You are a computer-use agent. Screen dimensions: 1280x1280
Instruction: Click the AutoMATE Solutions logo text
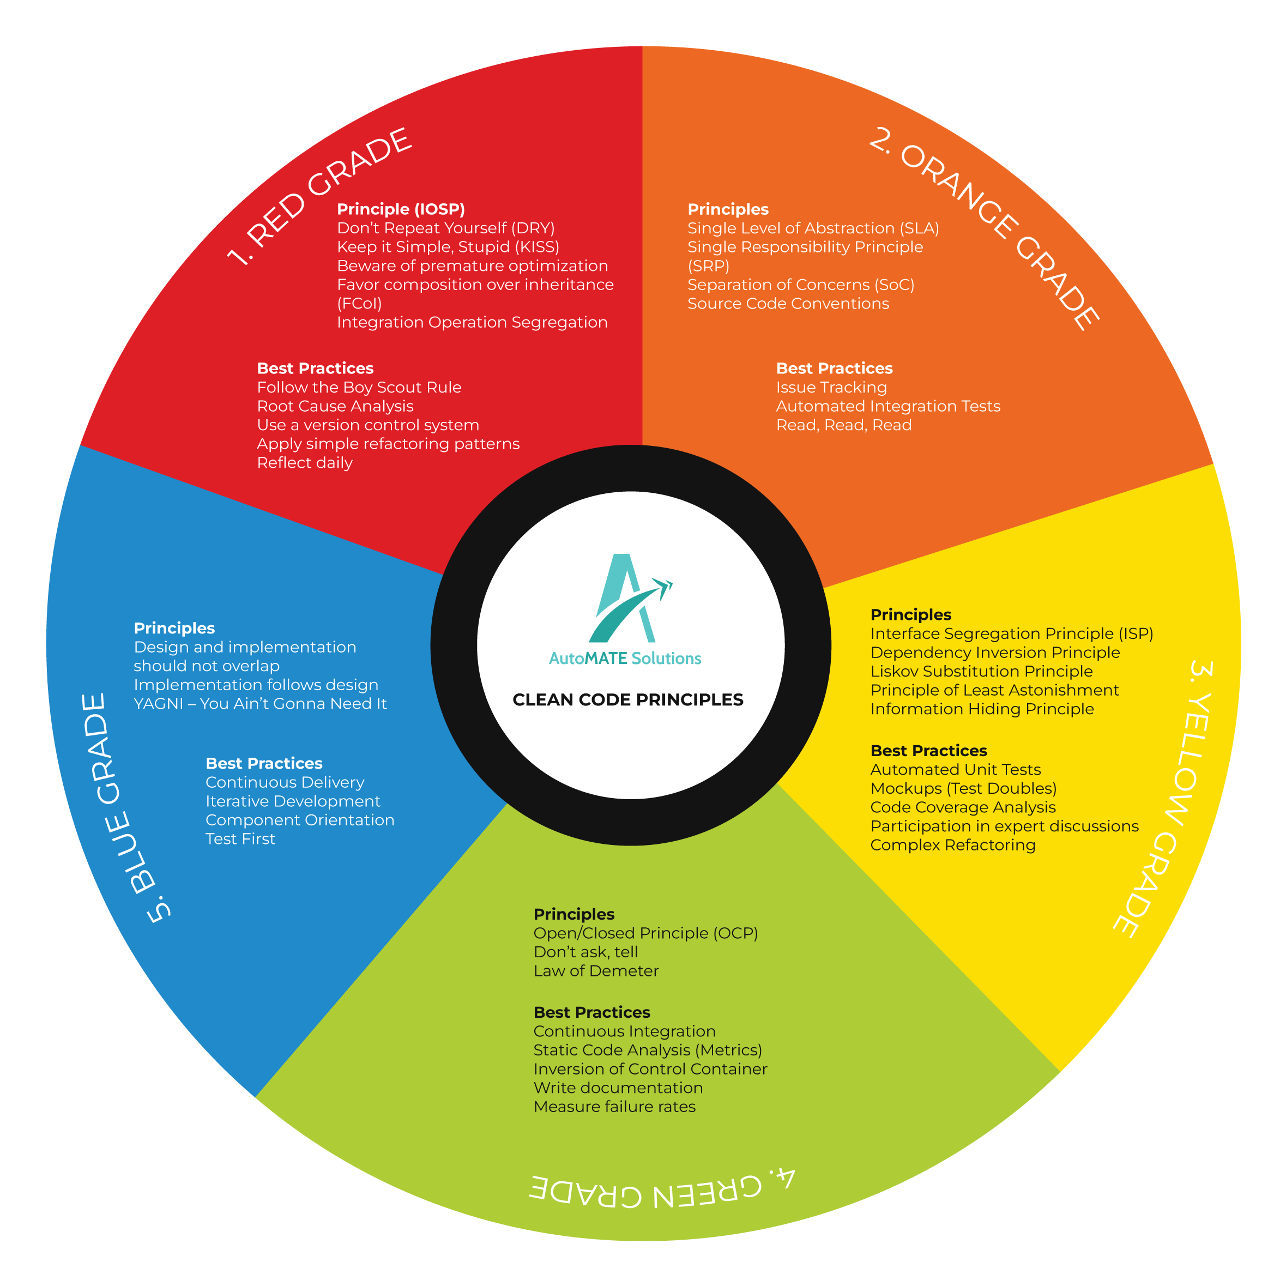(x=625, y=659)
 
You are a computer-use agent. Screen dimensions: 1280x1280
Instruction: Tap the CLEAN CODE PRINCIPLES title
(x=627, y=699)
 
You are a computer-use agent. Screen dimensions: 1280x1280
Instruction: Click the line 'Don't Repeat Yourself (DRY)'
(x=446, y=228)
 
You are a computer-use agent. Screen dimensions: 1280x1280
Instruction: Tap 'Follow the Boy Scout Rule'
(x=359, y=388)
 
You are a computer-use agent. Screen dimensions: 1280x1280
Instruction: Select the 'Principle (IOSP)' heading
(x=401, y=209)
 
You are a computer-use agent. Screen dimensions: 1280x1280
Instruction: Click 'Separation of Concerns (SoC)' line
(x=801, y=285)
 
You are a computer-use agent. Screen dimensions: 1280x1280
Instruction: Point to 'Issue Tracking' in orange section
(x=831, y=388)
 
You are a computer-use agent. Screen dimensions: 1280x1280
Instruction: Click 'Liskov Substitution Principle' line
(x=981, y=671)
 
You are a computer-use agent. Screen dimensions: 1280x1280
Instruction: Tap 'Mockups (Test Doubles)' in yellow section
(x=963, y=788)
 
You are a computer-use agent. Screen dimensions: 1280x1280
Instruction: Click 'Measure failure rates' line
(x=615, y=1107)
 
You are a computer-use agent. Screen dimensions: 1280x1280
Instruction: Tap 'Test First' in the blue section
(x=240, y=839)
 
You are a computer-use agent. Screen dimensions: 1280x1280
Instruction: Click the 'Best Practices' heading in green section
(x=591, y=1012)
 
